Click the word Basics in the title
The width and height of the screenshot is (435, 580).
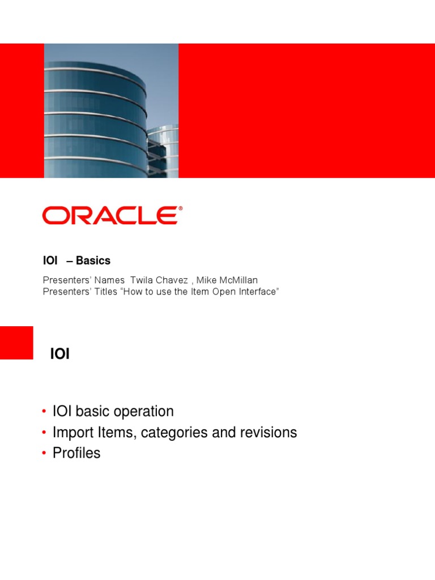(93, 261)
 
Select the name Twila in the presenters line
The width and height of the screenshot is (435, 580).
(142, 280)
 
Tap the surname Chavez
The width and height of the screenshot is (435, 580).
(174, 280)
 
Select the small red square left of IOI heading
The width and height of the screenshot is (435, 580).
(16, 343)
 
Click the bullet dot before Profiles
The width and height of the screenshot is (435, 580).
(44, 453)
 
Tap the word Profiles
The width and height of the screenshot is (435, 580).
(76, 453)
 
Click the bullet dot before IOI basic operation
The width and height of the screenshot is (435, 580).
(44, 411)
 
